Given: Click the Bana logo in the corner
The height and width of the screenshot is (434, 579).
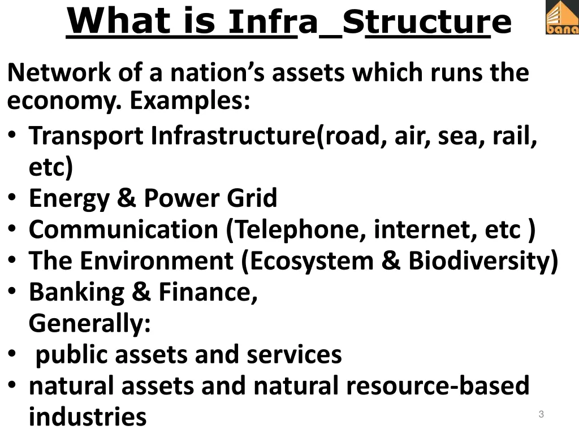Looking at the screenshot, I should tap(561, 18).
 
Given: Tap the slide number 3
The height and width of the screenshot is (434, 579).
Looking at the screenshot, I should tap(541, 415).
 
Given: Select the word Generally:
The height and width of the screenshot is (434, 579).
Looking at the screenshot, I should tap(89, 324).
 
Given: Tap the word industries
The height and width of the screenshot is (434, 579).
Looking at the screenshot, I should tap(88, 417).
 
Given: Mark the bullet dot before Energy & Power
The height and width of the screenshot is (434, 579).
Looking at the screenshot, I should tap(12, 199).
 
